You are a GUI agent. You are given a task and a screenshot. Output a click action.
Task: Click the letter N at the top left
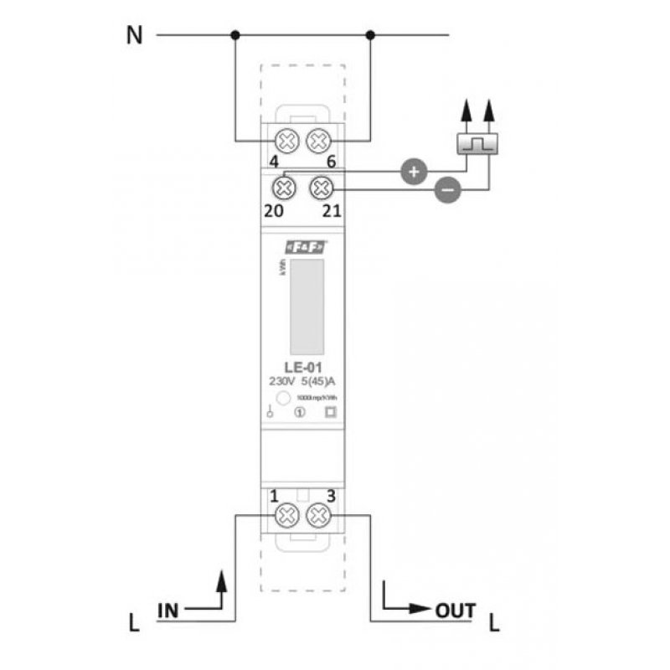[133, 35]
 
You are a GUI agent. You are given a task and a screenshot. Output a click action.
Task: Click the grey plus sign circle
[412, 172]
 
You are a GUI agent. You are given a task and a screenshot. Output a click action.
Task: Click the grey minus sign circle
[447, 191]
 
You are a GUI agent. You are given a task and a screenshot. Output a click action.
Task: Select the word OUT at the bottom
[456, 610]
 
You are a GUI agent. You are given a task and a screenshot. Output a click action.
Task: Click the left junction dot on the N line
[236, 35]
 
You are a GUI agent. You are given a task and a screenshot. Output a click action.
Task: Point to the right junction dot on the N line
[370, 35]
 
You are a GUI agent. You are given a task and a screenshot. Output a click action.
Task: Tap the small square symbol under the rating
[329, 411]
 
